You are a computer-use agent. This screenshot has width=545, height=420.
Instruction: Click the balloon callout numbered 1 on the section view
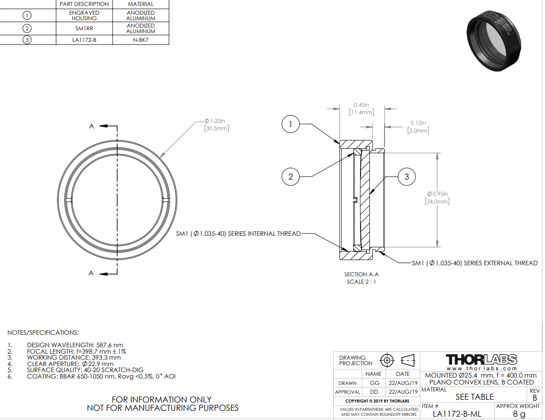[290, 124]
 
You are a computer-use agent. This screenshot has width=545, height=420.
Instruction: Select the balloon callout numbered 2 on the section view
[290, 176]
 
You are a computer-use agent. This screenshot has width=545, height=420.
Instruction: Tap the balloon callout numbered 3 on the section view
[406, 176]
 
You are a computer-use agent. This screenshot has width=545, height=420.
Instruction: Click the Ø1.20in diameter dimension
[217, 124]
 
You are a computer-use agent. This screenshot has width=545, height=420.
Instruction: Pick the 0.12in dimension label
[418, 127]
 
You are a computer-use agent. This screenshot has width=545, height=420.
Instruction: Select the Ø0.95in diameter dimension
[437, 197]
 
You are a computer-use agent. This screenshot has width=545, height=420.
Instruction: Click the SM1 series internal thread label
[238, 233]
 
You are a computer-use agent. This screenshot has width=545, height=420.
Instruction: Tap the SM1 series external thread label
[474, 263]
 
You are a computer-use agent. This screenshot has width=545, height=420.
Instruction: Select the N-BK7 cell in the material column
[141, 40]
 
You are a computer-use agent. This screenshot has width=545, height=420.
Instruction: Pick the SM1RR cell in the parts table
[84, 29]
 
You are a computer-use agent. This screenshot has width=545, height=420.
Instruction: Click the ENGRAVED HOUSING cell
[84, 15]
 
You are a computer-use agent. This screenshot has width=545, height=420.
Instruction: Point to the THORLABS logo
[482, 359]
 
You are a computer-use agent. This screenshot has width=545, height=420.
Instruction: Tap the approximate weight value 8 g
[519, 414]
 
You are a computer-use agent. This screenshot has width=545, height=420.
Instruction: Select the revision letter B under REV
[534, 397]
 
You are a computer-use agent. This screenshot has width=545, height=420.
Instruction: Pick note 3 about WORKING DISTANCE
[74, 357]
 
